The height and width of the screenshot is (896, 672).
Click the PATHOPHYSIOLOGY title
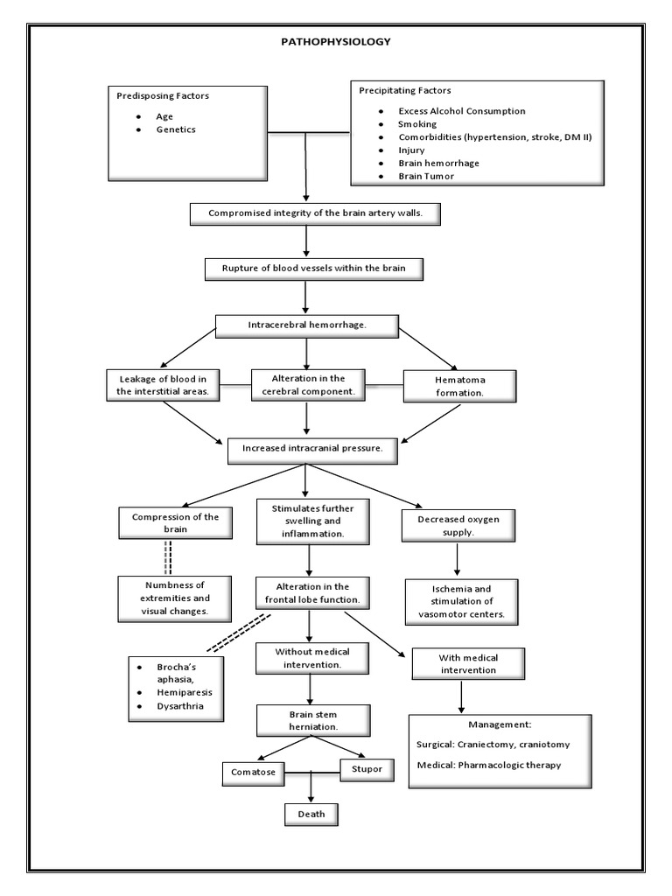pos(336,40)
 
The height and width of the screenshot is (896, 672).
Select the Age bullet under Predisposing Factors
pos(165,115)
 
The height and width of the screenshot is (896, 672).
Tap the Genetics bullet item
pos(176,129)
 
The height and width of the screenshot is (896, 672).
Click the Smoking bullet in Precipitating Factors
pos(416,124)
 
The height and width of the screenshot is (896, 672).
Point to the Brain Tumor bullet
pos(426,176)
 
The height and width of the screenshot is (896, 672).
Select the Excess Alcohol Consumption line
pos(461,111)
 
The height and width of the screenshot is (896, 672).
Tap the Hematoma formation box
pos(459,386)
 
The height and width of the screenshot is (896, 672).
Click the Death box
pos(311,814)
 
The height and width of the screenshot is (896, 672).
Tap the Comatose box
pos(254,773)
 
